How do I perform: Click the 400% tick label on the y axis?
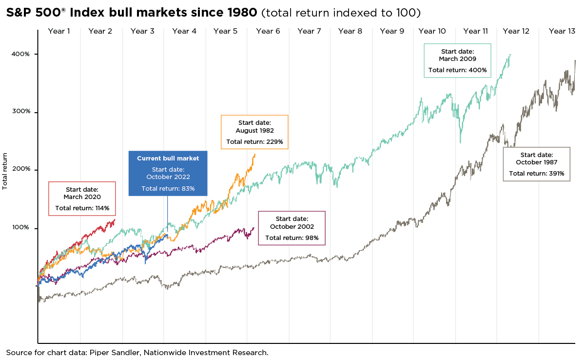click(20, 54)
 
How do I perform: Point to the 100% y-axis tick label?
click(20, 228)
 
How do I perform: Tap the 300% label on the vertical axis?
click(20, 112)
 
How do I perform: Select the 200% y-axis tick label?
click(20, 169)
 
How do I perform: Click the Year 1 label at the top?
click(59, 31)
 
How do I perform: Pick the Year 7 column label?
click(309, 31)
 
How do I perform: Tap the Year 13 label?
click(562, 31)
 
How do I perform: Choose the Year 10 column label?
click(432, 31)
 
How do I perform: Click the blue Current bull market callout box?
click(168, 173)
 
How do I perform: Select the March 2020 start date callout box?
click(82, 199)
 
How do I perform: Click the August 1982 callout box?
click(254, 132)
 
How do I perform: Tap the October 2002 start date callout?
click(292, 228)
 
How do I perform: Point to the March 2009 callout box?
click(457, 60)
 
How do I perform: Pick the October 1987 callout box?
click(536, 163)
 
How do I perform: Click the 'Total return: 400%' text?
click(457, 70)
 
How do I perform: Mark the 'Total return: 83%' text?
click(168, 188)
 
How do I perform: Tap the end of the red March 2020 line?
click(115, 220)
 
